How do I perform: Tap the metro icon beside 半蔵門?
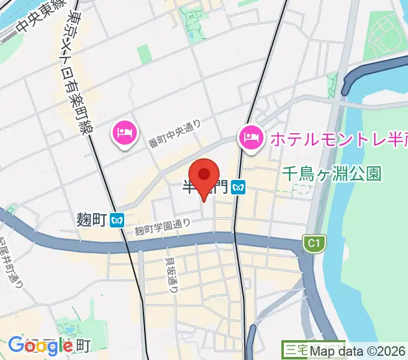pos(239,188)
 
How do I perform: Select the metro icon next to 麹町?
pos(117,220)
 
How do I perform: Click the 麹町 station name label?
pos(92,220)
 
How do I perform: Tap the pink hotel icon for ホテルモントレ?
pos(250,138)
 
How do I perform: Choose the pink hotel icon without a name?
pos(124,133)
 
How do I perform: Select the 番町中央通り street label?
pos(175,135)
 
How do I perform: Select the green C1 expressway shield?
pos(311,243)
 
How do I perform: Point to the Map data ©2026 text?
pos(358,351)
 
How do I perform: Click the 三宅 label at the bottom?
pos(295,350)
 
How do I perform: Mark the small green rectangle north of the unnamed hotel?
pos(144,54)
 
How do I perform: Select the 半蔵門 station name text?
pos(204,188)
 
